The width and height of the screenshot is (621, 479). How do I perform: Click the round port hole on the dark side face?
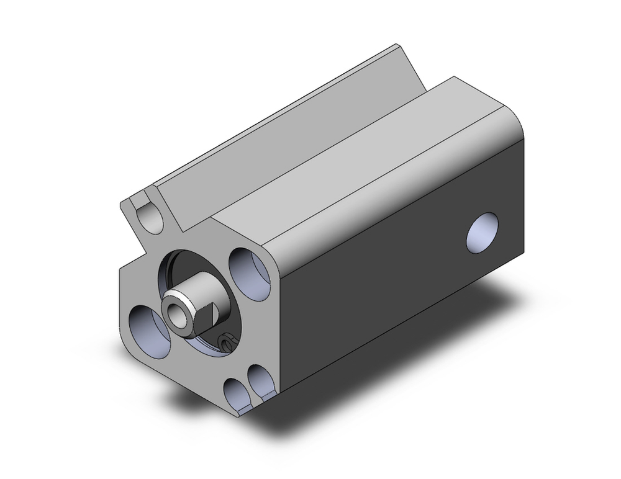tap(483, 233)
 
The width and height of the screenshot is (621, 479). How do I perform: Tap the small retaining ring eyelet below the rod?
tap(227, 341)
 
